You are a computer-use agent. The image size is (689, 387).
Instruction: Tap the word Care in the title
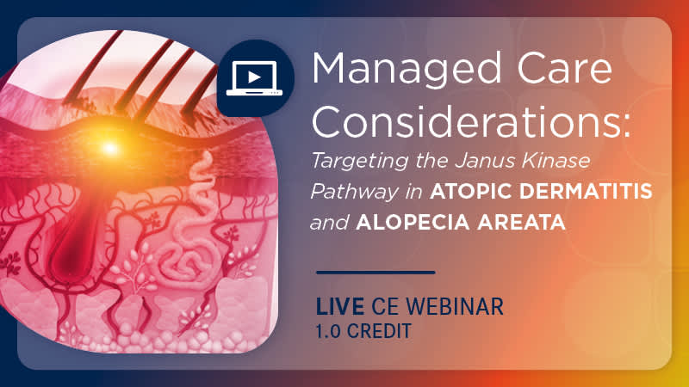[x=565, y=69]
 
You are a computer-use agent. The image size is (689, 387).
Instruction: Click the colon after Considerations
[x=625, y=126]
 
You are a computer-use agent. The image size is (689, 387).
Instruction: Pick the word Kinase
[x=556, y=160]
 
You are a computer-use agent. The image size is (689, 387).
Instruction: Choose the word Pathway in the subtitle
[x=354, y=193]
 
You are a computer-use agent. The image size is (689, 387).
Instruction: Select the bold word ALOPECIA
[x=413, y=223]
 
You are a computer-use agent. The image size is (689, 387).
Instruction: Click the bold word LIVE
[x=339, y=306]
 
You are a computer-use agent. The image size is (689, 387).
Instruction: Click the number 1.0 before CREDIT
[x=328, y=331]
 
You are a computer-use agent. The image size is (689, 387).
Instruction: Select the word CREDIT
[x=379, y=331]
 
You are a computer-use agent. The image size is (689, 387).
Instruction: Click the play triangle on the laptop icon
[x=254, y=77]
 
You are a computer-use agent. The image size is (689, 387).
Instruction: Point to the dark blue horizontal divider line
[x=376, y=273]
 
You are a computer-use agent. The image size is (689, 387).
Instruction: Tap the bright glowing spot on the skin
[x=109, y=148]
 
